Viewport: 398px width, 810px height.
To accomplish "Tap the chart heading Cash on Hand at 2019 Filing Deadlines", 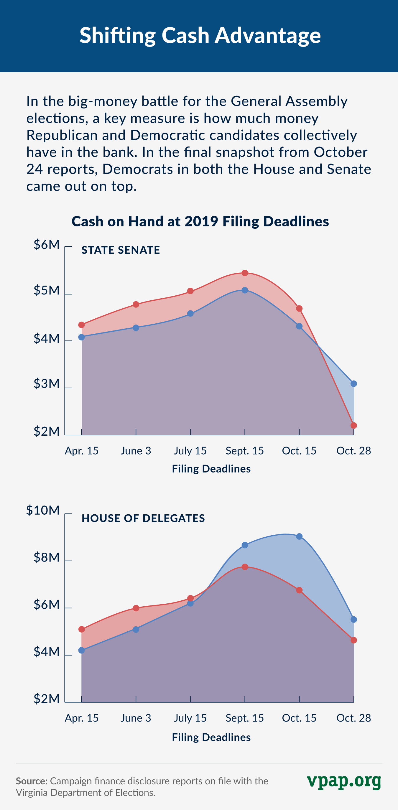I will [x=200, y=221].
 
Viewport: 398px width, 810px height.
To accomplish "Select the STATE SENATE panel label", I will [x=121, y=250].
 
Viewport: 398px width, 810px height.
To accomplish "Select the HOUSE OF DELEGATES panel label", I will [x=143, y=518].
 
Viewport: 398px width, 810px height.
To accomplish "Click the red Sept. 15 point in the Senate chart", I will [x=245, y=273].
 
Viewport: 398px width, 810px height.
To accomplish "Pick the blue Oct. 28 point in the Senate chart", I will [x=354, y=383].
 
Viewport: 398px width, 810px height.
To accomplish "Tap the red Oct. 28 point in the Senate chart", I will [x=354, y=425].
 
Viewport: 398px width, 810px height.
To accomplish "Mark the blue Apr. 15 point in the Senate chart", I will [x=81, y=337].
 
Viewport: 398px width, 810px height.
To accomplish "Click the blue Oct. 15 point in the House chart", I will [x=299, y=536].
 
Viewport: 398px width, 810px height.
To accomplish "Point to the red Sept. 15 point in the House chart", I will [x=245, y=567].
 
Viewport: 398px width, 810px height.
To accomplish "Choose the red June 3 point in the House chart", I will [x=136, y=608].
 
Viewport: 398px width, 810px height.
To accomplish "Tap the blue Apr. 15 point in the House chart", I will [x=81, y=650].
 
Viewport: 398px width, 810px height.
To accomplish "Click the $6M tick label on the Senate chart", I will [x=47, y=245].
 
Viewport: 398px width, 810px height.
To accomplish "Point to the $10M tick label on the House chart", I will [x=43, y=510].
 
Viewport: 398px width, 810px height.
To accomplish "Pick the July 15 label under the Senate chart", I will [x=190, y=451].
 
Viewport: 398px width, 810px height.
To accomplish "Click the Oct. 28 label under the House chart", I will [x=354, y=718].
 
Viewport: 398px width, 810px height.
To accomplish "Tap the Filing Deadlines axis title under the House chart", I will [x=211, y=737].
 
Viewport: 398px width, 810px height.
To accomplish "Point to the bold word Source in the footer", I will [x=32, y=781].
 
